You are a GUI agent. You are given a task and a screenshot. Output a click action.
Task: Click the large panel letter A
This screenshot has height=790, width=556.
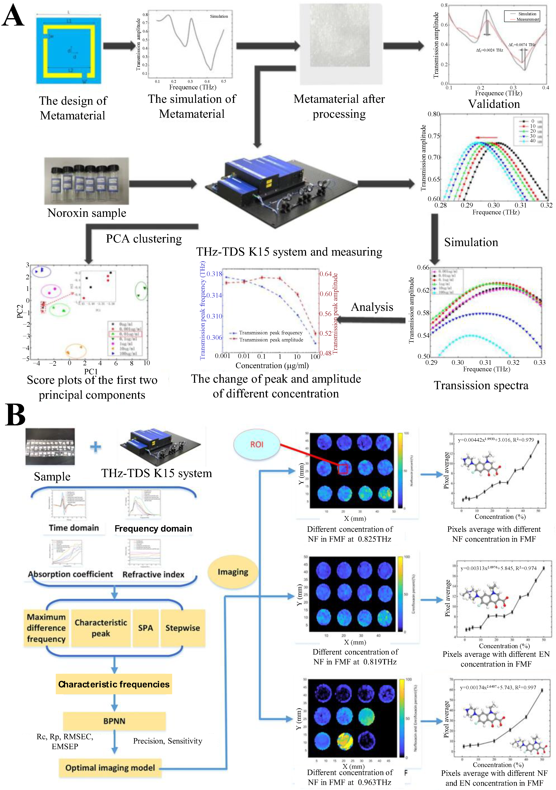(x=13, y=15)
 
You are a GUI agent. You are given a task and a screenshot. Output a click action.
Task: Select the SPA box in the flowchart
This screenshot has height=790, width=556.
(x=145, y=628)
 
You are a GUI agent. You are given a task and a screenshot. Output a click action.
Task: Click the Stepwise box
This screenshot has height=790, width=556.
(x=183, y=628)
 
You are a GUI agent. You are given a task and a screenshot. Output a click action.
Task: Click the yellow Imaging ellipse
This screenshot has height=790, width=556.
(x=233, y=572)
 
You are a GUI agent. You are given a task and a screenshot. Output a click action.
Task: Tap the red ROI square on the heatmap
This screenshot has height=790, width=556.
(x=343, y=469)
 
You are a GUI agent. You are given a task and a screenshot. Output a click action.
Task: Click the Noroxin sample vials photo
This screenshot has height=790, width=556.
(x=87, y=181)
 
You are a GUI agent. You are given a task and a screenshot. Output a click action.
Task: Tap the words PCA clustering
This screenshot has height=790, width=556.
(x=144, y=239)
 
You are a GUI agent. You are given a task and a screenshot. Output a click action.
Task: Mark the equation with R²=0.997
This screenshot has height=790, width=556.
(x=498, y=687)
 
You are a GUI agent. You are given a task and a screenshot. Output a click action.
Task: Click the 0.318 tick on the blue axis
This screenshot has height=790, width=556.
(x=214, y=274)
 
